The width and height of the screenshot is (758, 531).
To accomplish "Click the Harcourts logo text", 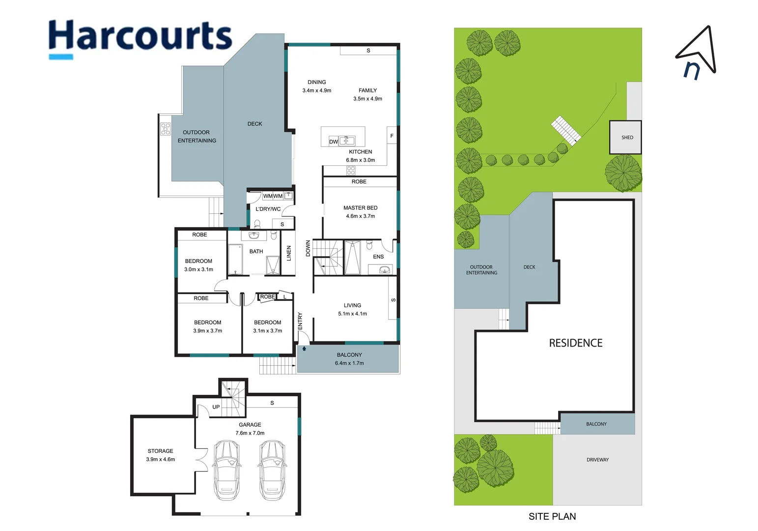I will tap(140, 35).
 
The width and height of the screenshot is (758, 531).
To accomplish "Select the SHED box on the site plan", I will tap(625, 137).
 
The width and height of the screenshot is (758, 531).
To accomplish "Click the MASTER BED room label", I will tap(360, 208).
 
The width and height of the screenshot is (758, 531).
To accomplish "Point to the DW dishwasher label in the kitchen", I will tap(334, 142).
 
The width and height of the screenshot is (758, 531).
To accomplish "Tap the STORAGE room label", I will tap(160, 451).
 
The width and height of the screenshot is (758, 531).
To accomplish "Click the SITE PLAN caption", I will tap(552, 516).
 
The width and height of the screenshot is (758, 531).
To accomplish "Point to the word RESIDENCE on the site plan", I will tap(575, 343).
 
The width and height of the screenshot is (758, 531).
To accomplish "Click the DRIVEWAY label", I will tap(597, 460).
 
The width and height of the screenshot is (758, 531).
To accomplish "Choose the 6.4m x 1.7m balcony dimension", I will tap(349, 363).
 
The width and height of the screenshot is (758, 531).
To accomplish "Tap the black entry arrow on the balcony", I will tap(304, 349).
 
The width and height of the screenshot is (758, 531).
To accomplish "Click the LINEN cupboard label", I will tap(289, 253).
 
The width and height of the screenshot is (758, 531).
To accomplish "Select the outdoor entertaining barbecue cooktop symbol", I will tap(166, 129).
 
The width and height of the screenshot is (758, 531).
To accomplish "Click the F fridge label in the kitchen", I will tap(392, 136).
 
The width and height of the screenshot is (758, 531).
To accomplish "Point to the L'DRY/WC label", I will tap(268, 209).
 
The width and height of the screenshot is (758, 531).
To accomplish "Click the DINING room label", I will tap(317, 82).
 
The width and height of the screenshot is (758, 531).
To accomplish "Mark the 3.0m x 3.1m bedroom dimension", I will tap(198, 269).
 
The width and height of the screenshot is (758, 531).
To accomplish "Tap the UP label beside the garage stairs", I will tap(216, 407).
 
